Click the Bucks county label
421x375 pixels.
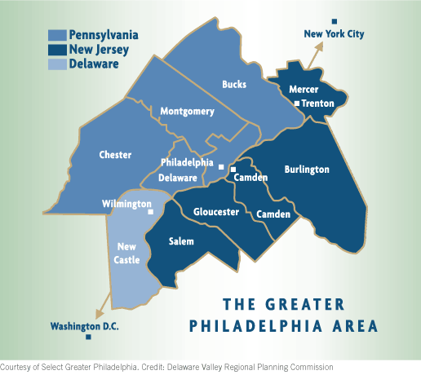pyautogui.click(x=234, y=84)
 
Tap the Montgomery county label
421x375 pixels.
pyautogui.click(x=187, y=111)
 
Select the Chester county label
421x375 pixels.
pyautogui.click(x=115, y=154)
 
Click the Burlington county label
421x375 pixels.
pyautogui.click(x=307, y=170)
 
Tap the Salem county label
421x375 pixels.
pyautogui.click(x=181, y=242)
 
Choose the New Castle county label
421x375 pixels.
pyautogui.click(x=126, y=254)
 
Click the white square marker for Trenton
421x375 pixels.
pyautogui.click(x=297, y=104)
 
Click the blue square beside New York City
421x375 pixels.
pyautogui.click(x=332, y=21)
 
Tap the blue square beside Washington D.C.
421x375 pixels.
pyautogui.click(x=88, y=337)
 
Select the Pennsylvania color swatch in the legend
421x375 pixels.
pyautogui.click(x=57, y=36)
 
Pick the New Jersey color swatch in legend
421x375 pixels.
pyautogui.click(x=57, y=50)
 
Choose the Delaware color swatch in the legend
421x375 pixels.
pyautogui.click(x=57, y=64)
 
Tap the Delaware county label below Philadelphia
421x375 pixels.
pyautogui.click(x=178, y=177)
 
